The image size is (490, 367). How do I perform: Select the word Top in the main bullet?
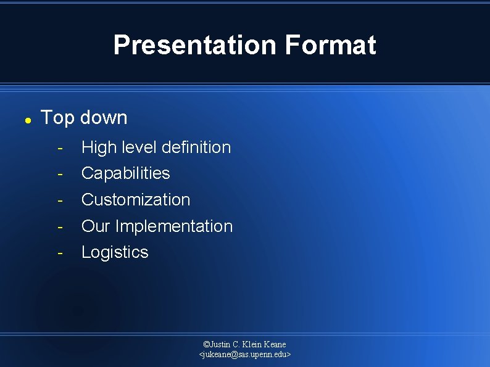pos(57,118)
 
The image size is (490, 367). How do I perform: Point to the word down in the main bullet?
pos(104,118)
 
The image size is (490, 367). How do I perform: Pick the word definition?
pos(196,147)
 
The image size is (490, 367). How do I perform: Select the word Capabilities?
pos(125,173)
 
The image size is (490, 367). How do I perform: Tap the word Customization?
pos(136,200)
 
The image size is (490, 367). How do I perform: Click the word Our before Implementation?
pos(96,226)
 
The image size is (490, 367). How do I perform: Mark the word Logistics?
pos(115,252)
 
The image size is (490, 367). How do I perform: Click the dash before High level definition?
pos(60,148)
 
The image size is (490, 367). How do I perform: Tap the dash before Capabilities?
pos(60,174)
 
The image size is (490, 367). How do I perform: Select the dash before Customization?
pos(60,200)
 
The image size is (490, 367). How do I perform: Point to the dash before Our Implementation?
pos(60,227)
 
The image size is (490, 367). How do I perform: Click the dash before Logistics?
pos(60,253)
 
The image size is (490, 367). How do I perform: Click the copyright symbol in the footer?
pos(206,344)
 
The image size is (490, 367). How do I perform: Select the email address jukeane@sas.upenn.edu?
pos(245,355)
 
